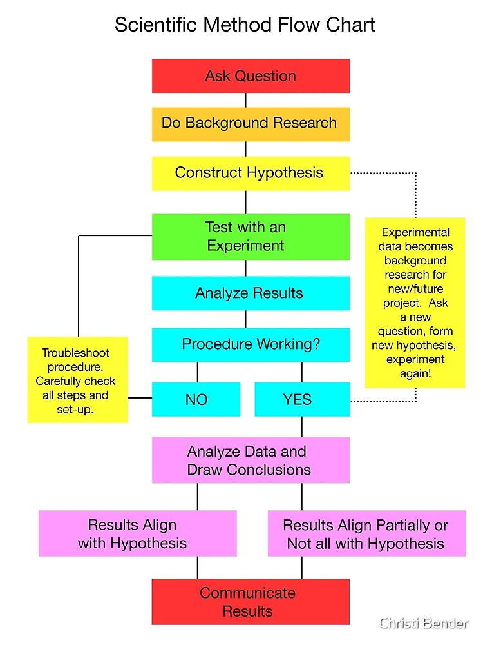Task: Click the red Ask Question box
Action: point(251,76)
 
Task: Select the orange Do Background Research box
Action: point(251,123)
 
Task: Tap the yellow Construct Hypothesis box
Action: point(251,173)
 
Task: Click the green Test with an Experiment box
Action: point(251,237)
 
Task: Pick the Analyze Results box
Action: point(251,293)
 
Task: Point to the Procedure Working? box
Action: point(251,344)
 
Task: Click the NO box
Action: point(196,399)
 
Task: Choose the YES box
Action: point(302,399)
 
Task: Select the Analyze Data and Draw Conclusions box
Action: point(251,461)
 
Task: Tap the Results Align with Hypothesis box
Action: point(137,534)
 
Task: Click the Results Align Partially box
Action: point(366,534)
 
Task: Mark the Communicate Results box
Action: point(251,602)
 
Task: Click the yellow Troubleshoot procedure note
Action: point(77,381)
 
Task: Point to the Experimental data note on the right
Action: point(415,303)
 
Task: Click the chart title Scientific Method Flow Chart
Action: point(245,25)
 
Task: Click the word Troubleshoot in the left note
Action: point(75,353)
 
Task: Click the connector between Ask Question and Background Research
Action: point(245,100)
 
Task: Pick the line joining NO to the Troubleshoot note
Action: point(140,398)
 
